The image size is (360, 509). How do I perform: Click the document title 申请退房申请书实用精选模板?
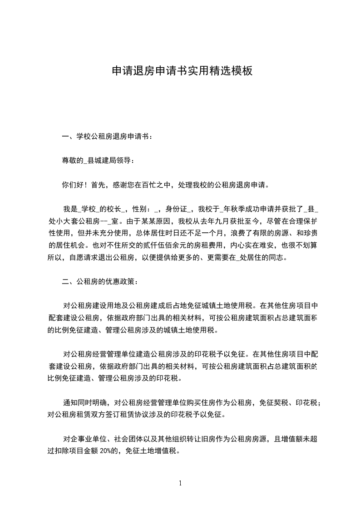[x=182, y=71]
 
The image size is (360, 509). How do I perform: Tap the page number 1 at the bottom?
[x=180, y=483]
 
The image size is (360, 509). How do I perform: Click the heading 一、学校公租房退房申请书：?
[x=108, y=136]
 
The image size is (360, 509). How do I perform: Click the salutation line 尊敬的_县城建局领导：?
[x=98, y=160]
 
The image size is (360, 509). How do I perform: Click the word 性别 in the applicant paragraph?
[x=139, y=209]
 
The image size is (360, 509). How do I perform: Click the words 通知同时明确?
[x=84, y=402]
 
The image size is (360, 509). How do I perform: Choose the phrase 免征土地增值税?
[x=152, y=452]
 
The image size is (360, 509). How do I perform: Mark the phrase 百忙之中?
[x=153, y=185]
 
